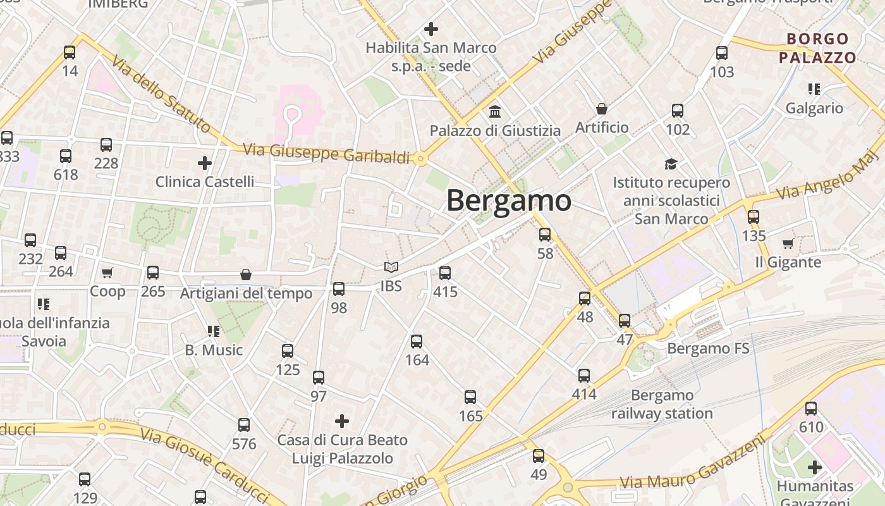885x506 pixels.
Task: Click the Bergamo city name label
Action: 509,201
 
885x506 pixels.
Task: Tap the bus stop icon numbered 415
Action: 445,273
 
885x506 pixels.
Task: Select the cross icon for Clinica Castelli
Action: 205,163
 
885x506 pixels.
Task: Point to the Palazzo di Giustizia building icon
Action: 495,112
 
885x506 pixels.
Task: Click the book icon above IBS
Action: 391,268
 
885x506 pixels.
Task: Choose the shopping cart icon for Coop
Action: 107,273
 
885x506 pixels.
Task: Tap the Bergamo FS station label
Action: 708,349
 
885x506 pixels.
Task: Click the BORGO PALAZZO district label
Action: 817,49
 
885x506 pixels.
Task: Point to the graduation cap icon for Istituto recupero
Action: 671,164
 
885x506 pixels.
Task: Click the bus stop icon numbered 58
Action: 545,235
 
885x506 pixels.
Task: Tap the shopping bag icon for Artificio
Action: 602,109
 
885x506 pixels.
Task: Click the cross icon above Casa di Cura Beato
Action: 342,421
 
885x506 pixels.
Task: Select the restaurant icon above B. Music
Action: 213,331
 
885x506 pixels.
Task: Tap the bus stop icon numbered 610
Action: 811,409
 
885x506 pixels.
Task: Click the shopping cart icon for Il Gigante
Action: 788,244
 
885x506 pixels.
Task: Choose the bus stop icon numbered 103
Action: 722,53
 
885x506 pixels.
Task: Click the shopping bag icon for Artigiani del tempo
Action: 246,275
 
